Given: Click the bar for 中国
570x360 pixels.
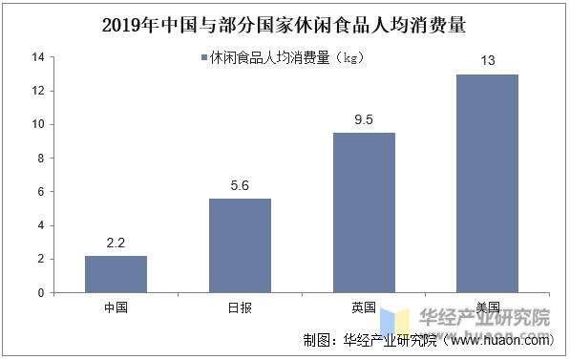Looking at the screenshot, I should [x=116, y=274].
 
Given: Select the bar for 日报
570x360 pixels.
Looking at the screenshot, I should [x=240, y=245].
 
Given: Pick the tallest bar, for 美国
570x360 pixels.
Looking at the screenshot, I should [x=487, y=183].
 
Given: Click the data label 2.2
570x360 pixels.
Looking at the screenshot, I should [x=116, y=244].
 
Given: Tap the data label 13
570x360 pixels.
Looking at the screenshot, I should [x=487, y=62].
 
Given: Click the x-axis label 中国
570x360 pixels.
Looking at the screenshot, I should [x=116, y=307].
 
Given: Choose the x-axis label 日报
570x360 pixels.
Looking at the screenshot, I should [x=240, y=307].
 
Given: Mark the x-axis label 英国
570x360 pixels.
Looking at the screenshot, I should [x=363, y=307].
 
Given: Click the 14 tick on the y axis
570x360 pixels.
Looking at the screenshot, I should [x=38, y=57].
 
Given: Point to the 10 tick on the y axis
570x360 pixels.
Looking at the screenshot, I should [x=38, y=124].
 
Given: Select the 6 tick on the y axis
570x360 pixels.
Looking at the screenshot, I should [x=40, y=192].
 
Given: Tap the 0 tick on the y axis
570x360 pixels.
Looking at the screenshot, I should [x=40, y=293].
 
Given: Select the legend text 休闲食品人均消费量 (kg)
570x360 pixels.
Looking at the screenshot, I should [x=287, y=58].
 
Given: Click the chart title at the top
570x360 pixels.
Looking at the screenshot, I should [x=285, y=22].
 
